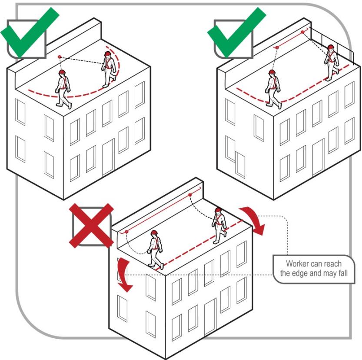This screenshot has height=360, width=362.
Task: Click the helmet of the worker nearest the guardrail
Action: [331, 47]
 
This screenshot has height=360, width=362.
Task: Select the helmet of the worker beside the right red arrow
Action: [218, 211]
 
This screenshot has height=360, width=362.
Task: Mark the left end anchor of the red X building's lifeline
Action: [126, 232]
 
